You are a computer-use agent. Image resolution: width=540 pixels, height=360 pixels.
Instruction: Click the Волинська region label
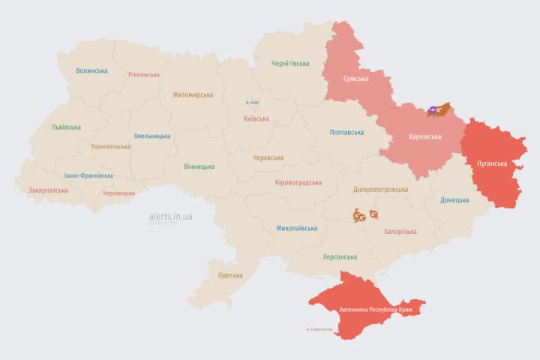pyautogui.click(x=91, y=71)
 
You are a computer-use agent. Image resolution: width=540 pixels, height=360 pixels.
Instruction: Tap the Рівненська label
pyautogui.click(x=143, y=75)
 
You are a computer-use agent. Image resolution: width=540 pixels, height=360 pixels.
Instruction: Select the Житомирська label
pyautogui.click(x=193, y=95)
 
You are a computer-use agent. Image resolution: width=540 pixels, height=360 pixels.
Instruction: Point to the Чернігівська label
pyautogui.click(x=290, y=64)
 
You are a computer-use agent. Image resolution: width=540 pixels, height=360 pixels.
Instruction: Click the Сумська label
pyautogui.click(x=355, y=79)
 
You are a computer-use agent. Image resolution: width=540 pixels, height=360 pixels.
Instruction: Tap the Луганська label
pyautogui.click(x=492, y=163)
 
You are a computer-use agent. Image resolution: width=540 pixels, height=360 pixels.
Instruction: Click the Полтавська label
pyautogui.click(x=347, y=133)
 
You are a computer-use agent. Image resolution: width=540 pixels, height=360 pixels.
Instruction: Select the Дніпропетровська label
pyautogui.click(x=382, y=190)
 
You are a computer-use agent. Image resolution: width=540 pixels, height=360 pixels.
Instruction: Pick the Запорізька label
pyautogui.click(x=400, y=232)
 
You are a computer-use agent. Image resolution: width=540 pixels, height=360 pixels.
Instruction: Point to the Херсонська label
pyautogui.click(x=340, y=256)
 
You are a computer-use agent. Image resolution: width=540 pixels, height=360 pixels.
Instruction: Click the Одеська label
pyautogui.click(x=230, y=275)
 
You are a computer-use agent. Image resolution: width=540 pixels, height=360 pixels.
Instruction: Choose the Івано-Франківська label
pyautogui.click(x=88, y=175)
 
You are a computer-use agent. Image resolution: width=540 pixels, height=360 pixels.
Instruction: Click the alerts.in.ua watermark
pyautogui.click(x=170, y=216)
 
